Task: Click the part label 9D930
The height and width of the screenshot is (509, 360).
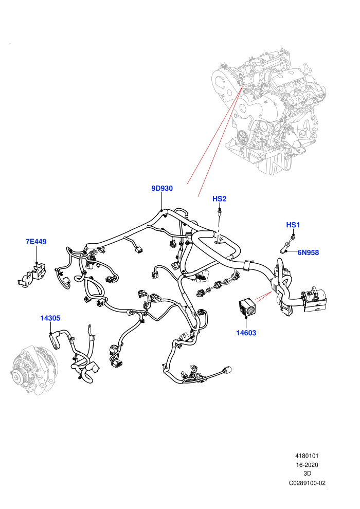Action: tap(162, 188)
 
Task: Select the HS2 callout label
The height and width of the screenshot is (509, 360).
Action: tap(219, 198)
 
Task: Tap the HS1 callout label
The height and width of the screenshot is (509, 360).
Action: tap(293, 225)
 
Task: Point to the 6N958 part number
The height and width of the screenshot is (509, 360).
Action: tap(308, 252)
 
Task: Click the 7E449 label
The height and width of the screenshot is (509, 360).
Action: tap(36, 242)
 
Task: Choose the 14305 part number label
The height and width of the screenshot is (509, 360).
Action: tap(50, 318)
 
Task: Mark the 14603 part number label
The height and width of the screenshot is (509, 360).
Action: tap(246, 333)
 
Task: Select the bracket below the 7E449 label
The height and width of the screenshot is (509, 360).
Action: tap(31, 275)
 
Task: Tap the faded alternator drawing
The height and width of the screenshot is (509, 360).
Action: tap(34, 370)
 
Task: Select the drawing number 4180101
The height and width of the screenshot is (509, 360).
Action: tap(307, 456)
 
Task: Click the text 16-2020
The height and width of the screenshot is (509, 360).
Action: tap(307, 465)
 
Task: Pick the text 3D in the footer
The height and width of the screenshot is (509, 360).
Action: tap(307, 474)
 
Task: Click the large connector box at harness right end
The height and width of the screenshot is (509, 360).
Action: tap(314, 299)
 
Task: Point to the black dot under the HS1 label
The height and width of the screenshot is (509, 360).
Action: tap(294, 234)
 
